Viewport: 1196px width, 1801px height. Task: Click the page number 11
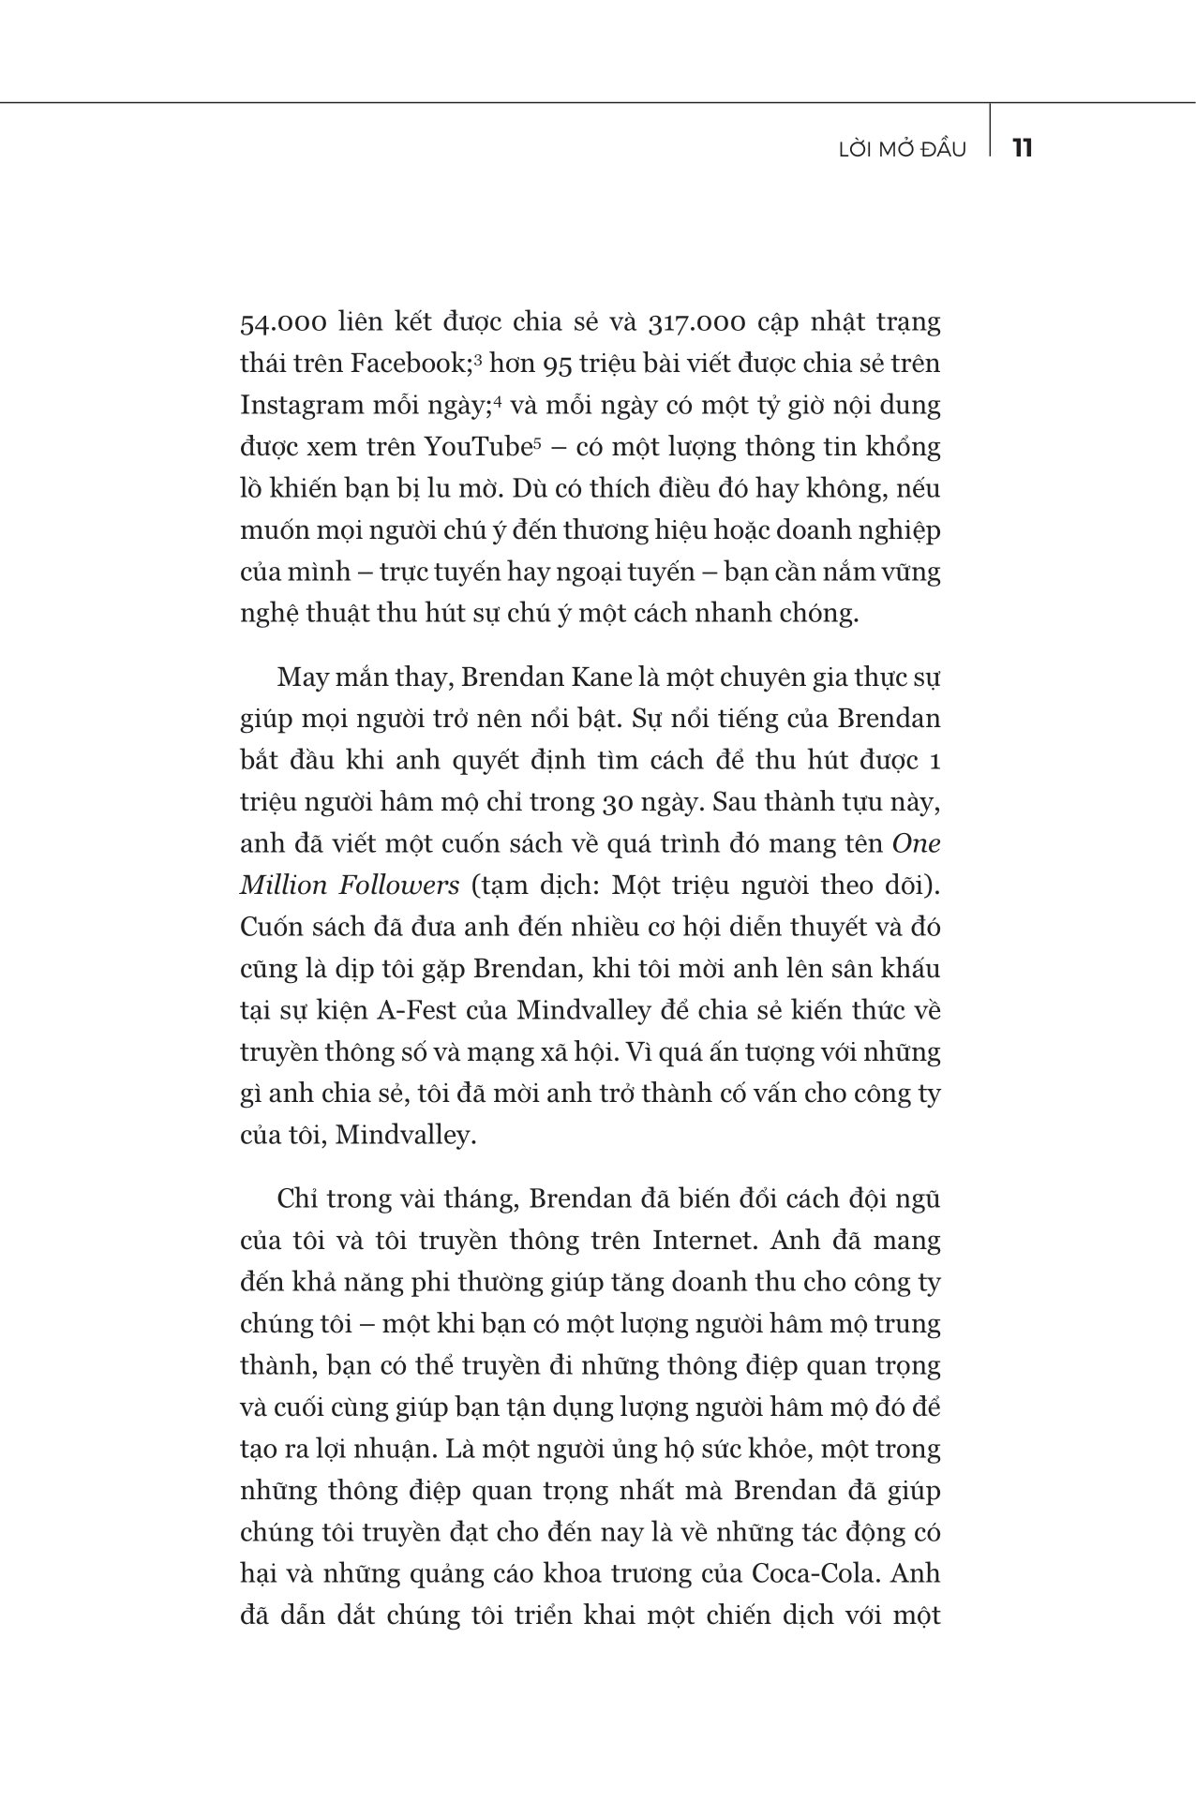point(1022,148)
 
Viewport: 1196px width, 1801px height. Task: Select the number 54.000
point(283,323)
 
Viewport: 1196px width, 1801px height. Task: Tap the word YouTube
point(477,447)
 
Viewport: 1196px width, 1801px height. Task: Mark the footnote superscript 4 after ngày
point(500,400)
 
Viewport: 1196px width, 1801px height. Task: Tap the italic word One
point(916,843)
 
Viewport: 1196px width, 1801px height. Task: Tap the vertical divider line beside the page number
point(990,131)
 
